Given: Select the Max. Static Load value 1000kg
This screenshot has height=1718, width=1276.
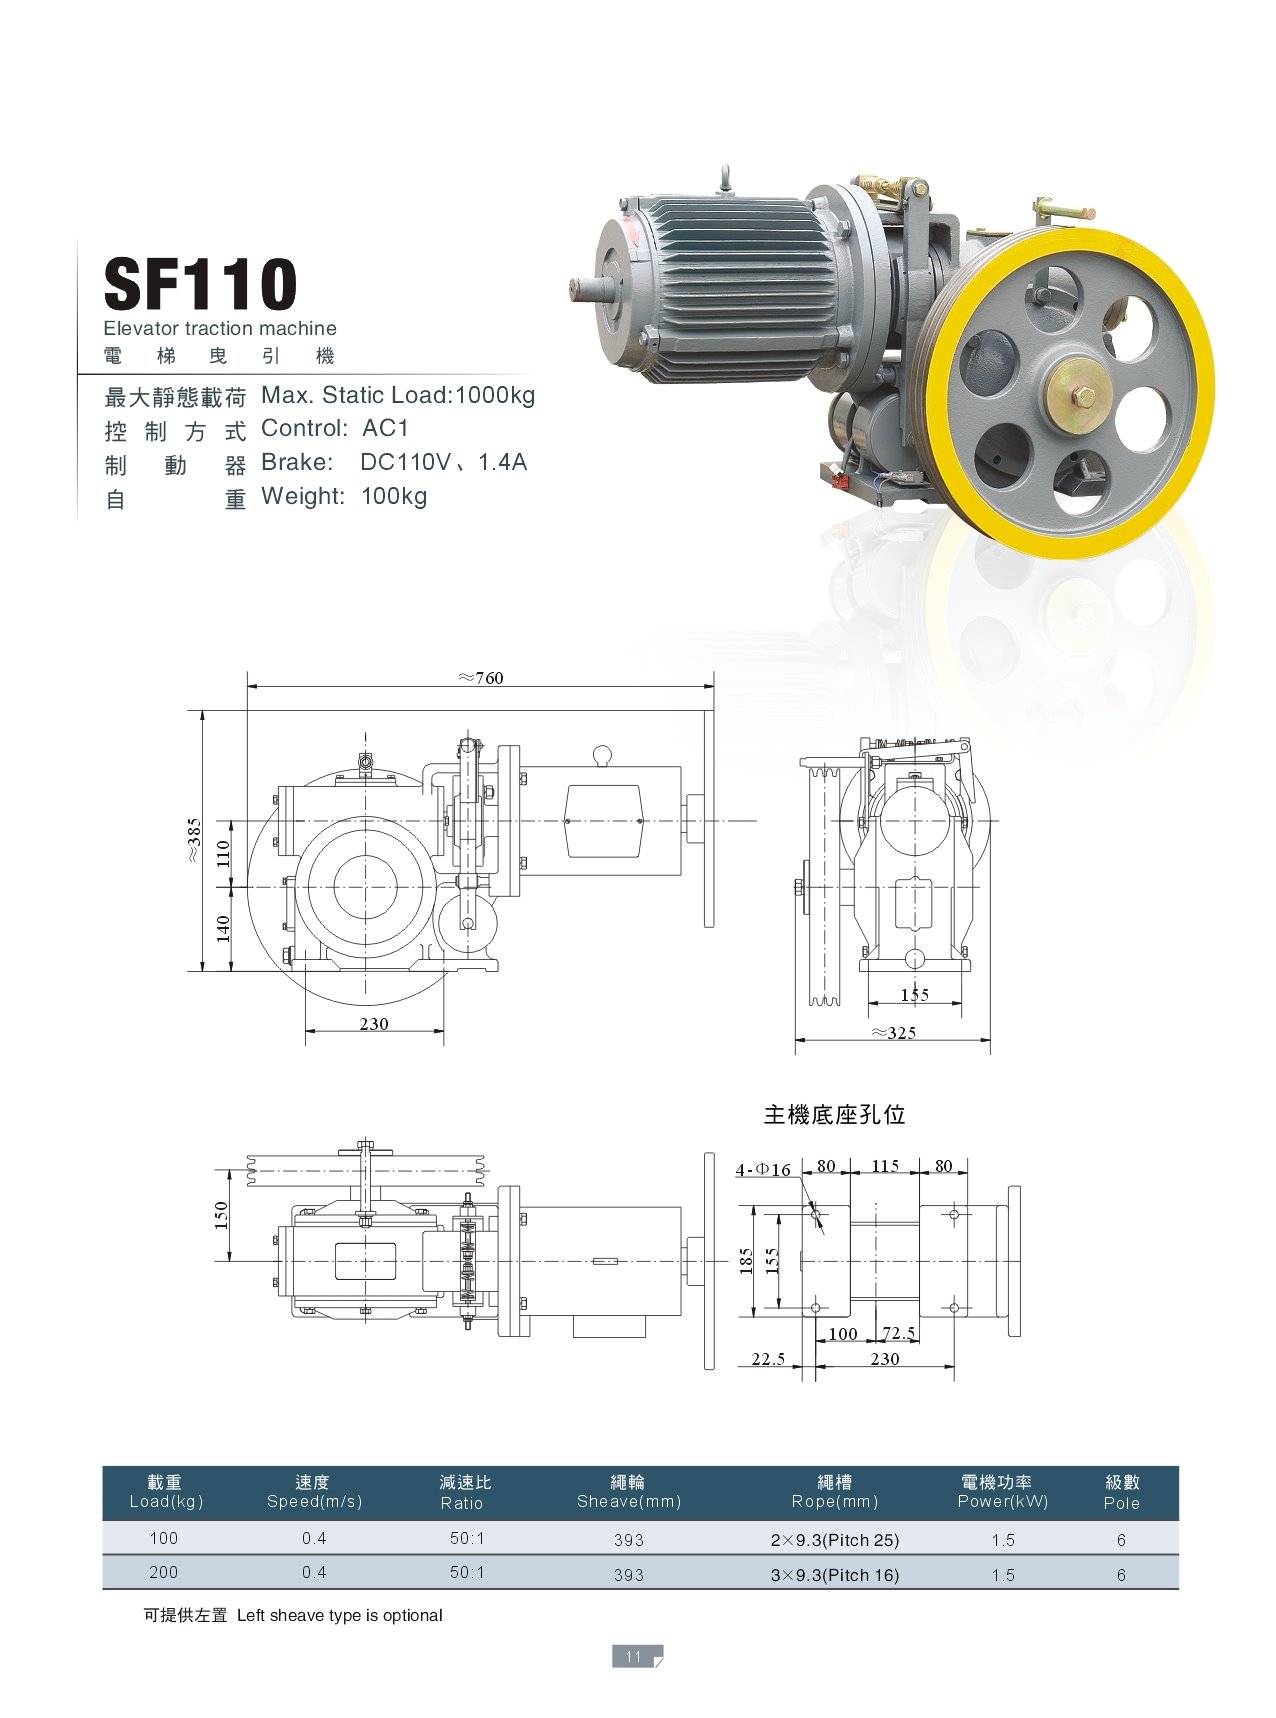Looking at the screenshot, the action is click(x=495, y=395).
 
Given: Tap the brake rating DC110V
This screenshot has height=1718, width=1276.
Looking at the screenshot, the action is click(x=405, y=462).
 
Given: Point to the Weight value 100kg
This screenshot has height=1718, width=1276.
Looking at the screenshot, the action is click(x=394, y=496).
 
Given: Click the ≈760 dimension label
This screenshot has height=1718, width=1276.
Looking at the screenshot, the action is click(x=481, y=678).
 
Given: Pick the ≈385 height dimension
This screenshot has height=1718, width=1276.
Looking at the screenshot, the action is click(x=194, y=841).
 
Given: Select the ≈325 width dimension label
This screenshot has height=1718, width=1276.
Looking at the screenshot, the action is click(x=893, y=1033).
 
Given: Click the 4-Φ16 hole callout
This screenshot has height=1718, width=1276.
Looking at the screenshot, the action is click(x=763, y=1169).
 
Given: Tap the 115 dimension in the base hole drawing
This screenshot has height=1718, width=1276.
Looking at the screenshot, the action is click(x=885, y=1166).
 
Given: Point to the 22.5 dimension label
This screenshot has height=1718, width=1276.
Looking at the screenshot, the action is click(x=768, y=1359).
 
